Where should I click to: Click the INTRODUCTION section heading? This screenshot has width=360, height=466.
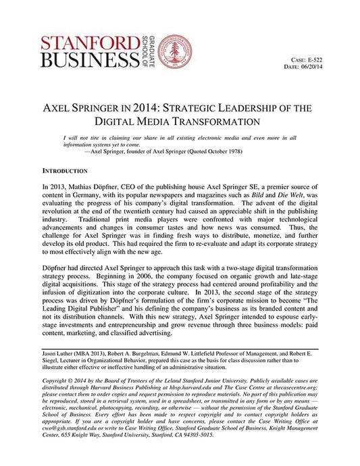click(68, 172)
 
